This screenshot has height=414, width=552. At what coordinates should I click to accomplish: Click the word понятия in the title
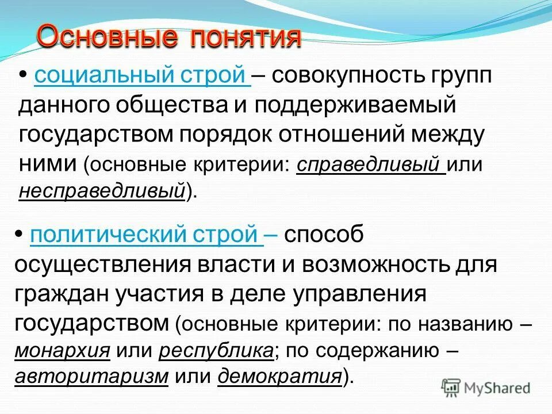(x=246, y=37)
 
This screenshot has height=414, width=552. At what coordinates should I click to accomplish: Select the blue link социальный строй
(x=141, y=76)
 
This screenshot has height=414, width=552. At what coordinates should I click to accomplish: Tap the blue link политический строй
(x=146, y=236)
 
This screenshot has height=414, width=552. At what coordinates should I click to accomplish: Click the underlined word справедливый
(x=371, y=165)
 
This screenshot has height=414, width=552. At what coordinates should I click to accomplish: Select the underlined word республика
(x=216, y=351)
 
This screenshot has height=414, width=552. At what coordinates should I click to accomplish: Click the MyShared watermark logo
(x=485, y=387)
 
